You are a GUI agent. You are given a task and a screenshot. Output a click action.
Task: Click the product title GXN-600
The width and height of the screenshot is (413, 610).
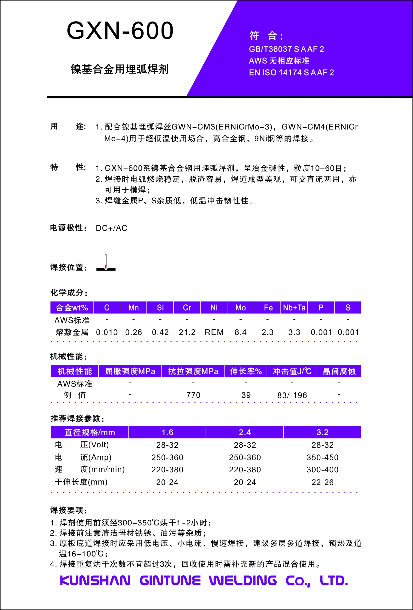(120, 31)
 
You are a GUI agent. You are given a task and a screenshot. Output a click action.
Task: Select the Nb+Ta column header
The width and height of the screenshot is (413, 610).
(294, 308)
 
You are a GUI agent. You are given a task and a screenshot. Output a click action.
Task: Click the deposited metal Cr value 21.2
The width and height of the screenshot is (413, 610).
(187, 332)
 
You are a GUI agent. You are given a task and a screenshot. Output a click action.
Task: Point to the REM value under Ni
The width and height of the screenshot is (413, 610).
(214, 332)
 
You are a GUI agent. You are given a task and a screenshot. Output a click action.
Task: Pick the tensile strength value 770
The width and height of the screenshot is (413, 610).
(193, 395)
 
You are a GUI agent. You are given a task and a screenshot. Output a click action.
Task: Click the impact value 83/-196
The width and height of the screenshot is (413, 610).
(292, 395)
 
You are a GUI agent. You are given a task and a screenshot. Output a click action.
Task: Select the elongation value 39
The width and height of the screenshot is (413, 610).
(246, 395)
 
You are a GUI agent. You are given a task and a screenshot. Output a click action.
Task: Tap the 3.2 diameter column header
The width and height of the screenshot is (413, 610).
(322, 432)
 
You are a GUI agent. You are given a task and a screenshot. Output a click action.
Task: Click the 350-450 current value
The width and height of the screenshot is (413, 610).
(322, 458)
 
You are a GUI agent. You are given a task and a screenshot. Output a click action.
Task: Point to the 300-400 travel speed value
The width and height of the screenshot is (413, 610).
(322, 470)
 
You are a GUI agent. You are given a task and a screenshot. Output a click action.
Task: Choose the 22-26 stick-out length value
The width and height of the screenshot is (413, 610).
(322, 482)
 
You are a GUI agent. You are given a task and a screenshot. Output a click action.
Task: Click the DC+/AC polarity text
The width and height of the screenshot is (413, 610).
(112, 228)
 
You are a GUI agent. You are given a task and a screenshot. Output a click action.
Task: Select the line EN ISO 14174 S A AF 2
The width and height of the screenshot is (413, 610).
(291, 72)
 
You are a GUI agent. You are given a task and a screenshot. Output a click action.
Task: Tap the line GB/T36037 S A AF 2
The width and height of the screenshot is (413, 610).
(286, 49)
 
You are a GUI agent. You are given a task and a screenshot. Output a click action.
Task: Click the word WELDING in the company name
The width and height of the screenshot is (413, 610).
(243, 580)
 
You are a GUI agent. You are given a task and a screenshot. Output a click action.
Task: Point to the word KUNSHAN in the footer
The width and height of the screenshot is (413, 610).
(95, 580)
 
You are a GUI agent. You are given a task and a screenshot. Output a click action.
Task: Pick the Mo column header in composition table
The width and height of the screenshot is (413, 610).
(240, 308)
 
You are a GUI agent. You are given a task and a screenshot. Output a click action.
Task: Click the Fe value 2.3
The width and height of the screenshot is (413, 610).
(267, 332)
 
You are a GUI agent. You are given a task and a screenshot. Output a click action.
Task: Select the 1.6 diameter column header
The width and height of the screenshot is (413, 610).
(167, 432)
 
